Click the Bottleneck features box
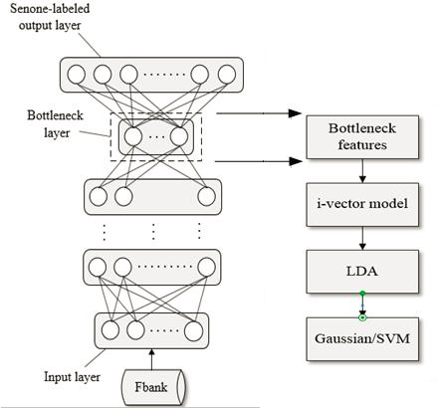tap(362, 137)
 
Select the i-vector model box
tap(362, 204)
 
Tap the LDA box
tap(362, 272)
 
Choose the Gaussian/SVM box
tap(362, 339)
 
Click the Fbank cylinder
tap(152, 387)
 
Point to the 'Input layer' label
tap(72, 377)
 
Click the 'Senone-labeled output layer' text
tap(50, 17)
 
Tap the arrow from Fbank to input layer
tap(151, 359)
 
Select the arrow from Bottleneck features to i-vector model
tap(362, 171)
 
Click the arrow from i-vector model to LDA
tap(362, 238)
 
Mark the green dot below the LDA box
tap(362, 294)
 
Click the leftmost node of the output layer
tap(77, 75)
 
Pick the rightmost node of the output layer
tap(227, 75)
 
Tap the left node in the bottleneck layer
tap(133, 136)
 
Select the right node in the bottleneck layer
tap(179, 136)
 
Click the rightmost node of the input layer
tap(194, 331)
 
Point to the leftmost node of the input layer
tap(110, 330)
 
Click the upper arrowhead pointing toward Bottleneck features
tap(295, 113)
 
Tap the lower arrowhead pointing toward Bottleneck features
tap(296, 161)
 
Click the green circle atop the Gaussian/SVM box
tap(362, 317)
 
